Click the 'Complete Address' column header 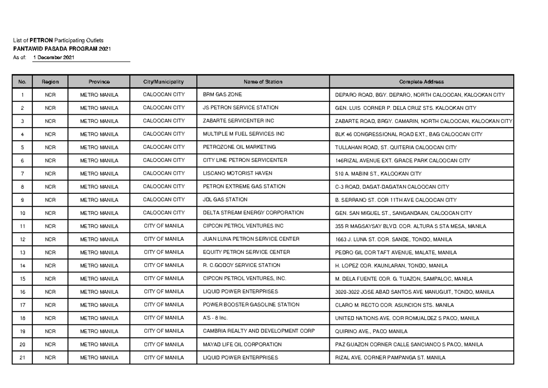[421, 82]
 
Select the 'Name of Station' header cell [263, 82]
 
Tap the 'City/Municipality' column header [163, 82]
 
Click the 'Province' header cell [99, 82]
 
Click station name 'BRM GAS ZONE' [222, 95]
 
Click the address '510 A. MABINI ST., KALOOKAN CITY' [378, 174]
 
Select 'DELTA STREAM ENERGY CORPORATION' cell [253, 213]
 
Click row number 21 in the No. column [22, 358]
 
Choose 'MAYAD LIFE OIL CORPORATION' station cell [242, 345]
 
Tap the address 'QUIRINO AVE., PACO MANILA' [371, 331]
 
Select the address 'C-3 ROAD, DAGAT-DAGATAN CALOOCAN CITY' [392, 187]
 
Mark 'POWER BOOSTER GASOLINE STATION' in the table [251, 305]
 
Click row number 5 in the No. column [22, 148]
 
